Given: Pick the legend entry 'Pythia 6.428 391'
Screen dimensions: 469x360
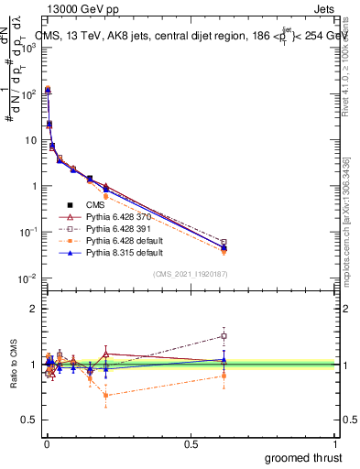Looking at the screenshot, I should point(123,228).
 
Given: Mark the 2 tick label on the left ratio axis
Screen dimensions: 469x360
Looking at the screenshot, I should point(33,309).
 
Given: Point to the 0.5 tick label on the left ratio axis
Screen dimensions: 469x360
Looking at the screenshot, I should point(28,420).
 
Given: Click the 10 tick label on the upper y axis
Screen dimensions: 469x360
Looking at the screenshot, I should point(29,140).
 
